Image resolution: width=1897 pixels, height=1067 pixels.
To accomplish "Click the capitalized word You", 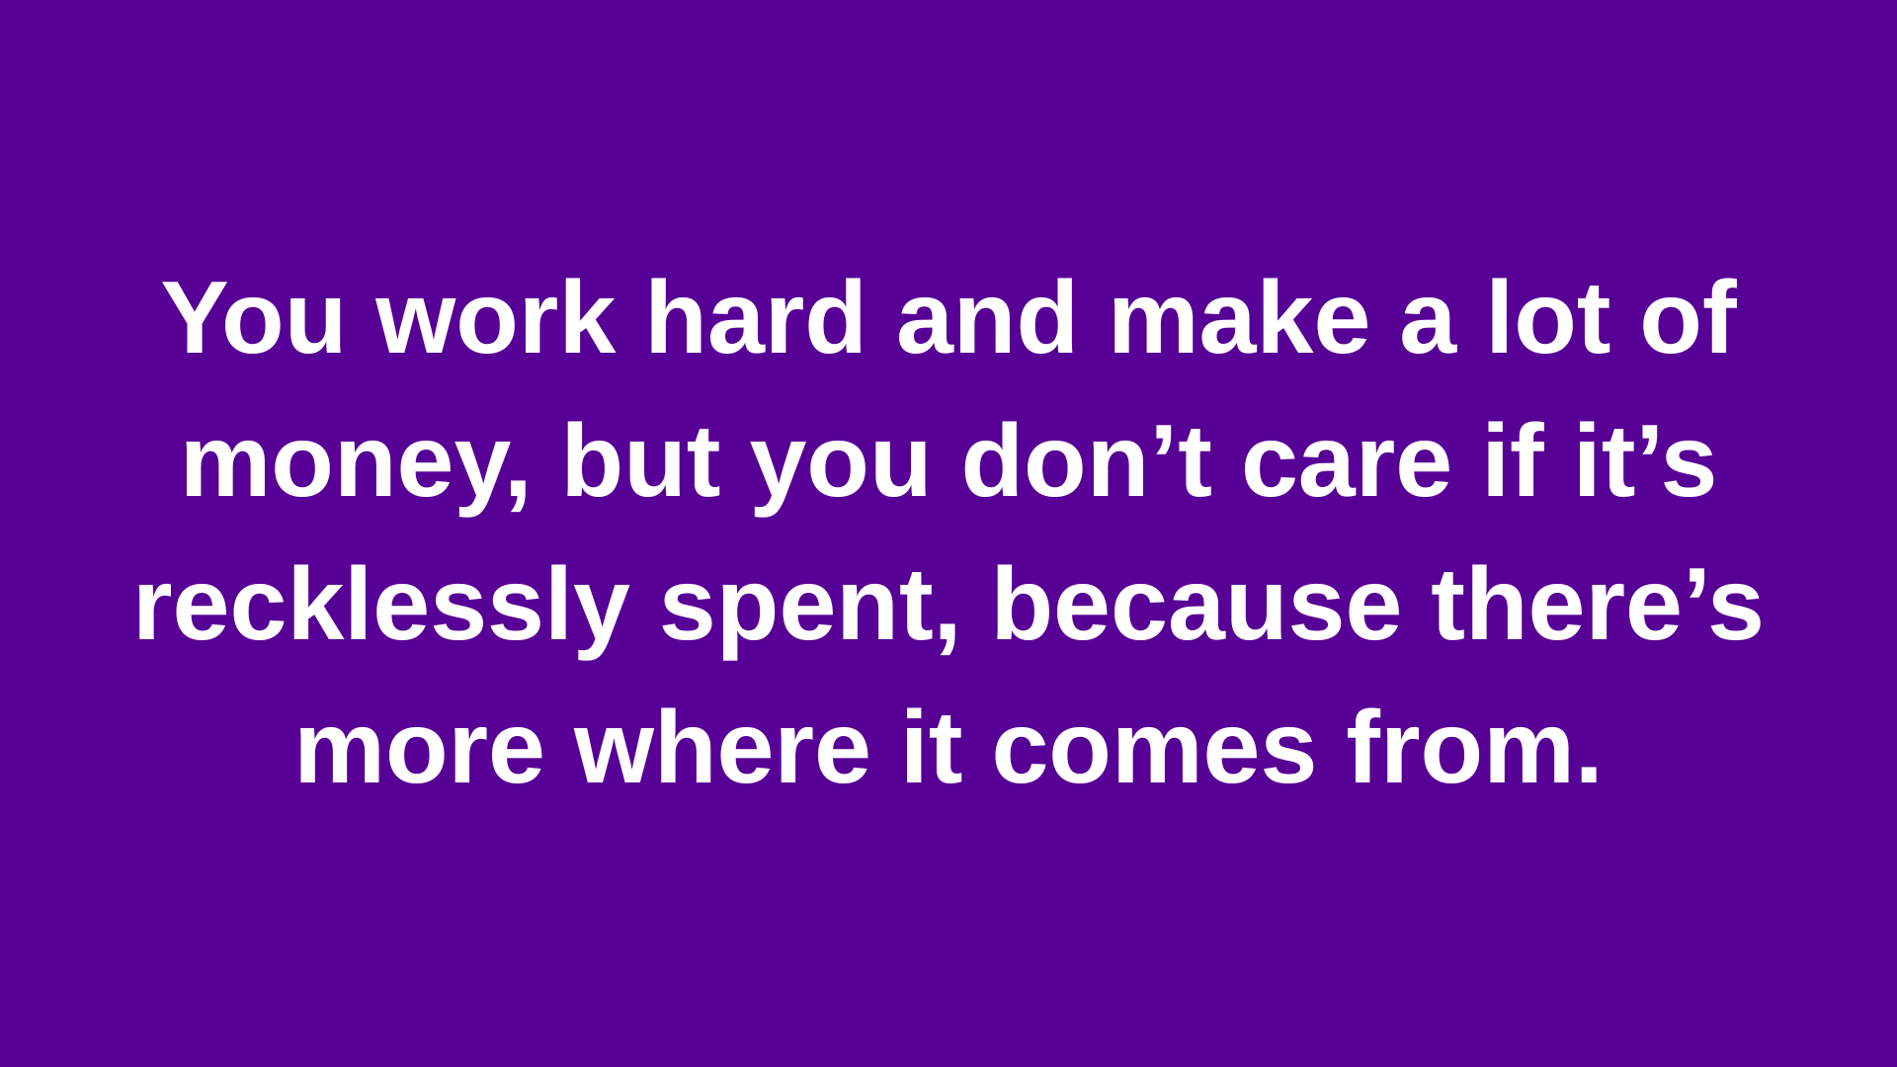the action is coord(254,317).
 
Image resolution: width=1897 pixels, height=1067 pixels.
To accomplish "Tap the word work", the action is coord(496,317).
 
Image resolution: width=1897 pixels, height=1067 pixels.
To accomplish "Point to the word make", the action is coord(1240,317).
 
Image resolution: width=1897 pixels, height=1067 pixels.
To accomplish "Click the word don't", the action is coord(1087,460).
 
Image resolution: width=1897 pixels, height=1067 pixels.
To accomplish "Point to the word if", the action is coord(1514,460).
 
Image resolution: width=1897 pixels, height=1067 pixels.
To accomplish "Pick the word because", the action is coord(1196,604).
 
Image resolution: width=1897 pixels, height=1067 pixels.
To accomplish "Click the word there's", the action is coord(1597,604).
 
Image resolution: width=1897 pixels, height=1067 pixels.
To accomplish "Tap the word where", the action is coord(722,747).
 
